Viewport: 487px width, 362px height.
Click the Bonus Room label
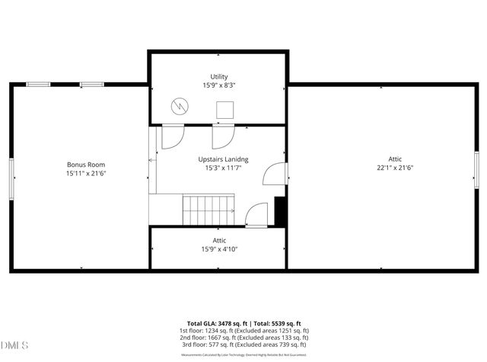point(85,165)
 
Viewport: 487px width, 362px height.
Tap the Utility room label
point(219,77)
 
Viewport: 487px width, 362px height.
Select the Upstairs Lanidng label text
point(224,159)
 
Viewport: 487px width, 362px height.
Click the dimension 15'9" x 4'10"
point(219,249)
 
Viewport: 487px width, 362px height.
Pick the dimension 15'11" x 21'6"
point(85,174)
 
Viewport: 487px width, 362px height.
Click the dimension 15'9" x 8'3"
point(219,86)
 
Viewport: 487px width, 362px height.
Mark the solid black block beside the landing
point(280,211)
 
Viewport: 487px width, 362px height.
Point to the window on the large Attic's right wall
point(476,170)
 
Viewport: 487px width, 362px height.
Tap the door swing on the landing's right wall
point(273,177)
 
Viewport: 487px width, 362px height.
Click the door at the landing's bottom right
point(258,216)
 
